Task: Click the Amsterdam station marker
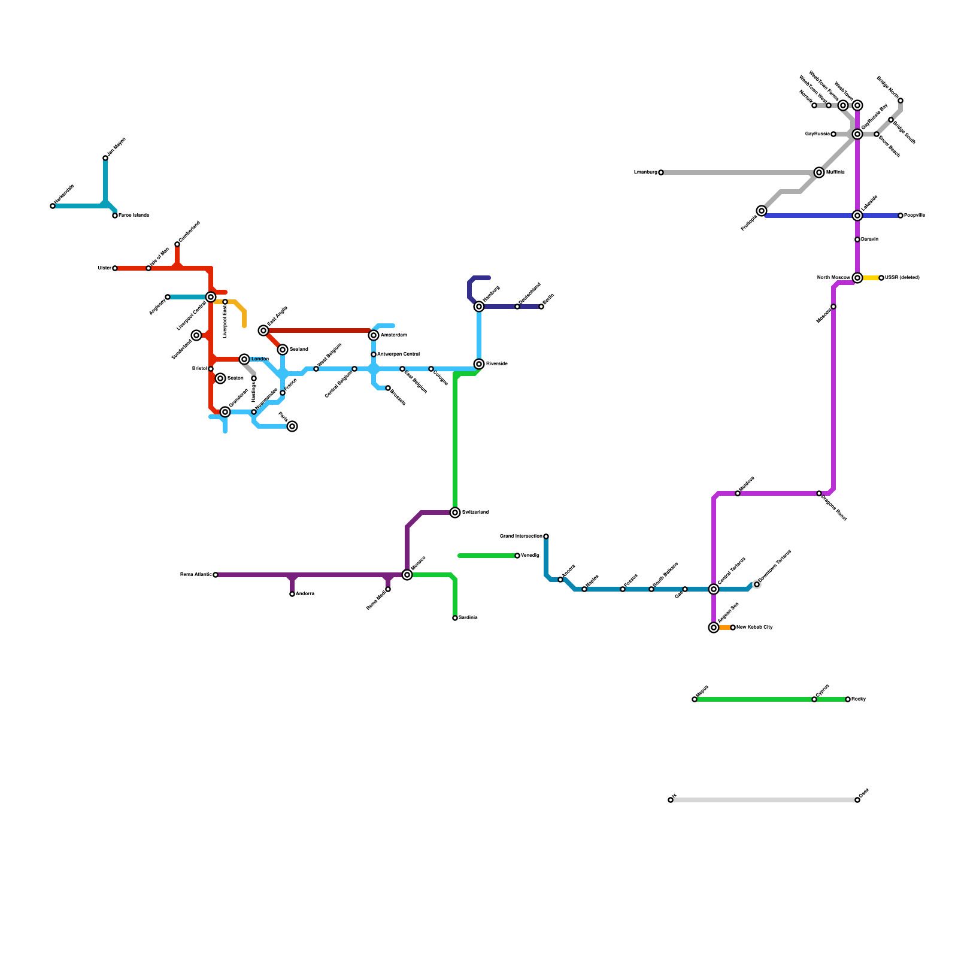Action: [x=374, y=335]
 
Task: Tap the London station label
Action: [x=260, y=359]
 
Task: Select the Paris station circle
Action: [x=292, y=426]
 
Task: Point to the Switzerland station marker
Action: [x=455, y=513]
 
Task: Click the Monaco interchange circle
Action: [x=407, y=575]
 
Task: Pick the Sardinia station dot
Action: [x=455, y=618]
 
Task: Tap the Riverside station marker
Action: [x=479, y=364]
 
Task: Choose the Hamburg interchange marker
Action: [x=479, y=307]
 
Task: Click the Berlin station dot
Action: [x=541, y=307]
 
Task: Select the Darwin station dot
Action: [x=857, y=239]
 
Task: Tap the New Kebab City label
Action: [x=754, y=627]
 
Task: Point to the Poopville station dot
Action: [x=901, y=216]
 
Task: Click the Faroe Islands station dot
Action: [x=115, y=216]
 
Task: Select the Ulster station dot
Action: [x=115, y=268]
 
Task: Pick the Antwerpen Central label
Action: [x=398, y=354]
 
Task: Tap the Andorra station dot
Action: [x=292, y=594]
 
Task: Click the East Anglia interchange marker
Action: [x=263, y=331]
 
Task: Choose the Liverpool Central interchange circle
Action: [x=211, y=297]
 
